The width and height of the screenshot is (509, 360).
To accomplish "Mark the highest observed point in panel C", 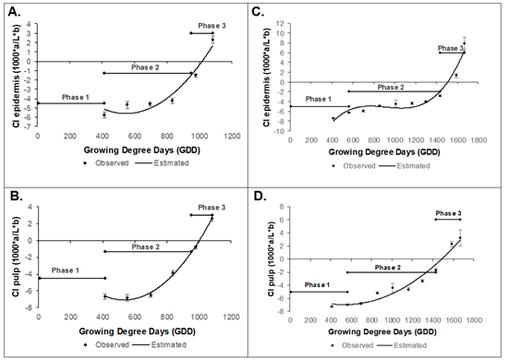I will click(x=465, y=42).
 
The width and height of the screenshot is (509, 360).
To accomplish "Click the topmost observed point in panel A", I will click(x=212, y=40).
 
